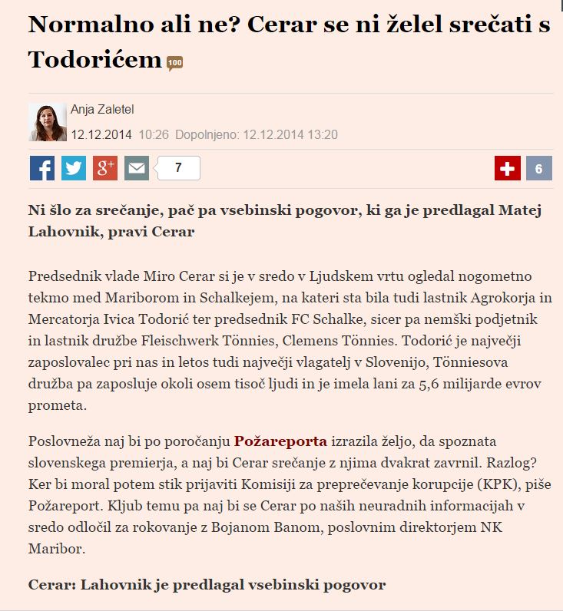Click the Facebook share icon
[42, 168]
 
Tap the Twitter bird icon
[74, 168]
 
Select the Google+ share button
[105, 168]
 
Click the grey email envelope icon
[137, 168]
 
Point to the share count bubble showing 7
[178, 168]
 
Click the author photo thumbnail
[47, 122]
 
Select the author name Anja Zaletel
[102, 110]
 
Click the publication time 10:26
[154, 135]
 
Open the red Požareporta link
[280, 441]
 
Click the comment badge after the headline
[174, 63]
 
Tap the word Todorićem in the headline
[95, 59]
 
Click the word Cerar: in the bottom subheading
[51, 585]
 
